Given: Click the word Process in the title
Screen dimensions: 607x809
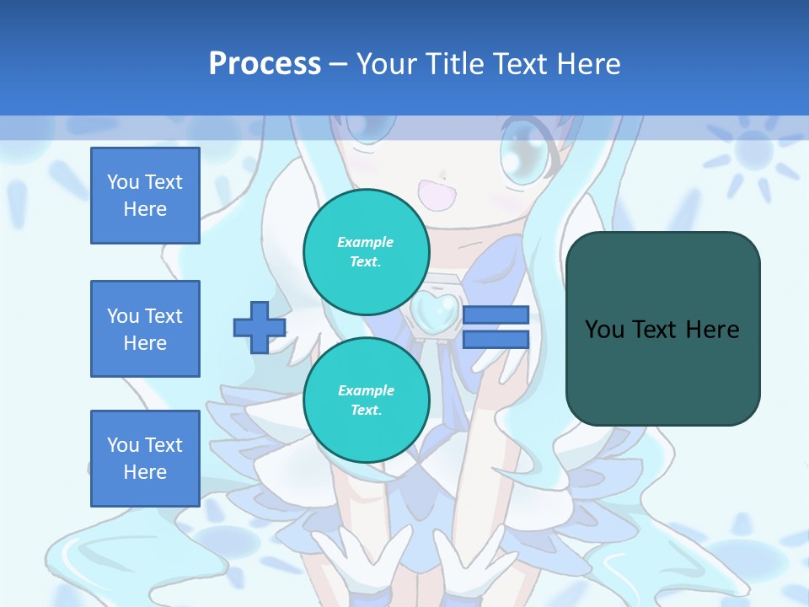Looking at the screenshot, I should tap(265, 63).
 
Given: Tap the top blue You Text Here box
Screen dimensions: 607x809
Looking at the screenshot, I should tap(145, 196).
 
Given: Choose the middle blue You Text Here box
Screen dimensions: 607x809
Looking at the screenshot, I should tap(145, 329).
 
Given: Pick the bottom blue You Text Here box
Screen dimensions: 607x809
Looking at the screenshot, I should tap(145, 459).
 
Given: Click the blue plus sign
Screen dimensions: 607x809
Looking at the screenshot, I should tap(259, 326).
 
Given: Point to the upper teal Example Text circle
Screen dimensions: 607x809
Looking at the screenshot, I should tap(366, 251).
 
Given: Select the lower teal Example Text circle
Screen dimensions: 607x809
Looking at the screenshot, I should tap(366, 400).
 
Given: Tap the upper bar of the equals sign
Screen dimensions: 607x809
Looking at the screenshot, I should tap(496, 314).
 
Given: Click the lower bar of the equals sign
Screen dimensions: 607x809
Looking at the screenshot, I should tap(496, 339).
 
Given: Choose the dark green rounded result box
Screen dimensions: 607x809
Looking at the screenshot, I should tap(662, 329).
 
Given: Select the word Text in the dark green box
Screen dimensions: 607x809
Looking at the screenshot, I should tap(659, 329).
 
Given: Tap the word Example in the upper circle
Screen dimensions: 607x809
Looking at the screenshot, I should tap(365, 242).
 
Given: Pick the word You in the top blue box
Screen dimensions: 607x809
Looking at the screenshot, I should tap(123, 182).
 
